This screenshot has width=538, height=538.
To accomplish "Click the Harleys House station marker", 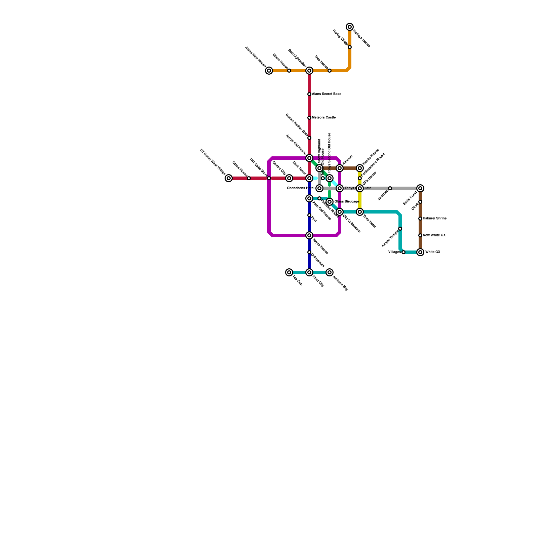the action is click(350, 27).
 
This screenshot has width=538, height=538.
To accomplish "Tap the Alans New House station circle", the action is click(269, 71).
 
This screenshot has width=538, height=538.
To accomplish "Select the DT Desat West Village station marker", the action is click(229, 178).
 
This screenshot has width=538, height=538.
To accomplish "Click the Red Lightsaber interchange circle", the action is click(309, 71).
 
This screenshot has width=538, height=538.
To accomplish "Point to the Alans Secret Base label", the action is click(326, 94).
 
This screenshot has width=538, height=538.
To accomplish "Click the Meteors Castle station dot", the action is click(309, 118).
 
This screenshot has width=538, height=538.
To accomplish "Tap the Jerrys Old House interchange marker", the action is click(309, 158).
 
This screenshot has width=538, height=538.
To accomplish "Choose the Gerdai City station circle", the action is click(289, 178).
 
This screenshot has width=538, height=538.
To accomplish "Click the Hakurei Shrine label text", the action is click(434, 219).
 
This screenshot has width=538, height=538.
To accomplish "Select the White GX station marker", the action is click(420, 252).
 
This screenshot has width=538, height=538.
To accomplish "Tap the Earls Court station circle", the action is click(420, 188).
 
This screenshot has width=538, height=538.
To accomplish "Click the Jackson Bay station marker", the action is click(330, 272).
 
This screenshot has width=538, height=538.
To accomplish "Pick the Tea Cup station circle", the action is click(289, 272).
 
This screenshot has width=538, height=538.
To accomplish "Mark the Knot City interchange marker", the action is click(309, 272).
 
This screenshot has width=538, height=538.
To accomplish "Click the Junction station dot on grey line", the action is click(390, 188).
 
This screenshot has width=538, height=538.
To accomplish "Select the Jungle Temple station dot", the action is click(400, 229).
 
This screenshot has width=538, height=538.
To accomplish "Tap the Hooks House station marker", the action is click(360, 168).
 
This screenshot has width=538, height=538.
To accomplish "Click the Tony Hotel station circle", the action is click(360, 212).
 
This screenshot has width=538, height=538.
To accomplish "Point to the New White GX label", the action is click(434, 235).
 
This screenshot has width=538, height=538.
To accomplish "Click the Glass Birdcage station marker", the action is click(330, 202).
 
